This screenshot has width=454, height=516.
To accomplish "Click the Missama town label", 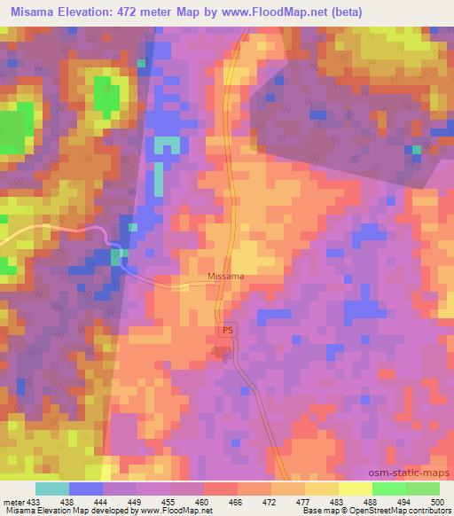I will tap(225, 276).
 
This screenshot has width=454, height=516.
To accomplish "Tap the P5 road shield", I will tap(228, 329).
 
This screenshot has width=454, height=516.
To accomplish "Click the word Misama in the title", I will tap(33, 9).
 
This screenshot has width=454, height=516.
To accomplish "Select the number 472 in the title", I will tap(139, 9).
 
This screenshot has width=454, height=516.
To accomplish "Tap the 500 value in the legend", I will tap(436, 501).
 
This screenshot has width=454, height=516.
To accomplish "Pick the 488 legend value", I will tap(368, 501).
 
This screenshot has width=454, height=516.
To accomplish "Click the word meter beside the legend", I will tap(12, 501).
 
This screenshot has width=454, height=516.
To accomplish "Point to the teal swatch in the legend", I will tap(52, 489).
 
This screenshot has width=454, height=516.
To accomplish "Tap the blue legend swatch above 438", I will tap(86, 489).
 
